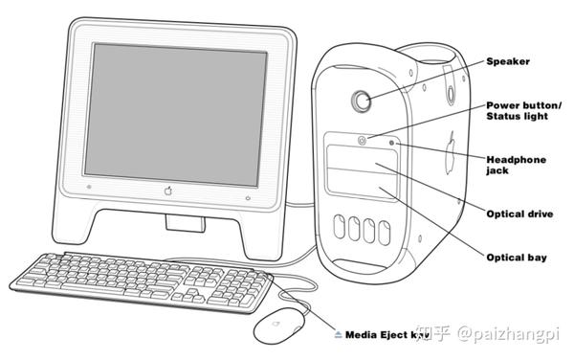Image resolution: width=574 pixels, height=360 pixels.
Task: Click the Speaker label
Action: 508,62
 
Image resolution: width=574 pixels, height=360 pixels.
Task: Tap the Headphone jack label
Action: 516,165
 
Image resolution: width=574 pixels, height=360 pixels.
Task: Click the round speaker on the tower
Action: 363,99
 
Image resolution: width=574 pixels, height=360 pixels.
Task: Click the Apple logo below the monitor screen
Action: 168,191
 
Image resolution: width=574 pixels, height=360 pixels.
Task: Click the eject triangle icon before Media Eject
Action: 338,335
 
